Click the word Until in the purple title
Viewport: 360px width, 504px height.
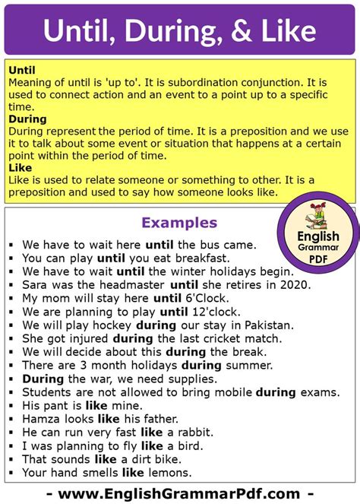79,30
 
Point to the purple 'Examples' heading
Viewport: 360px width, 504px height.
180,223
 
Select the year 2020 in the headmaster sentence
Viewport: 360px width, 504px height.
295,284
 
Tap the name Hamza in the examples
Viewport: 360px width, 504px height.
39,418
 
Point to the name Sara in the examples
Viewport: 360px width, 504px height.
34,284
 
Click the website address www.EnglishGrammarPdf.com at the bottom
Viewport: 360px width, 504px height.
180,493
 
